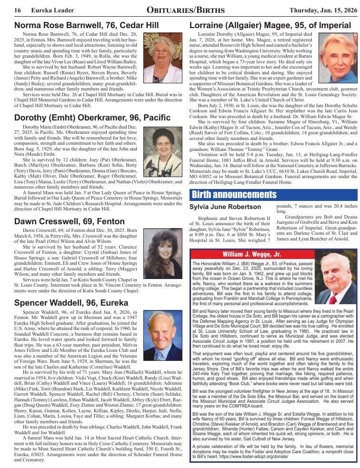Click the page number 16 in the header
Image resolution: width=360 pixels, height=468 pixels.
(x=18, y=10)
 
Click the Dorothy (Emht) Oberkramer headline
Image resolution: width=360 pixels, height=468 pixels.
(x=92, y=117)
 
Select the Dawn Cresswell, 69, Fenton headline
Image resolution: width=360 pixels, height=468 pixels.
(x=69, y=221)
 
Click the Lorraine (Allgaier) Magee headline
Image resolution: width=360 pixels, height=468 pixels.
(x=270, y=25)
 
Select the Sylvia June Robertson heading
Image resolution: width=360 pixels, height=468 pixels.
(x=225, y=207)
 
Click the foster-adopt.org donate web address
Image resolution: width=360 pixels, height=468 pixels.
(x=241, y=456)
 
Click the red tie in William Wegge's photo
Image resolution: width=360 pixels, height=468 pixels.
(x=333, y=299)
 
